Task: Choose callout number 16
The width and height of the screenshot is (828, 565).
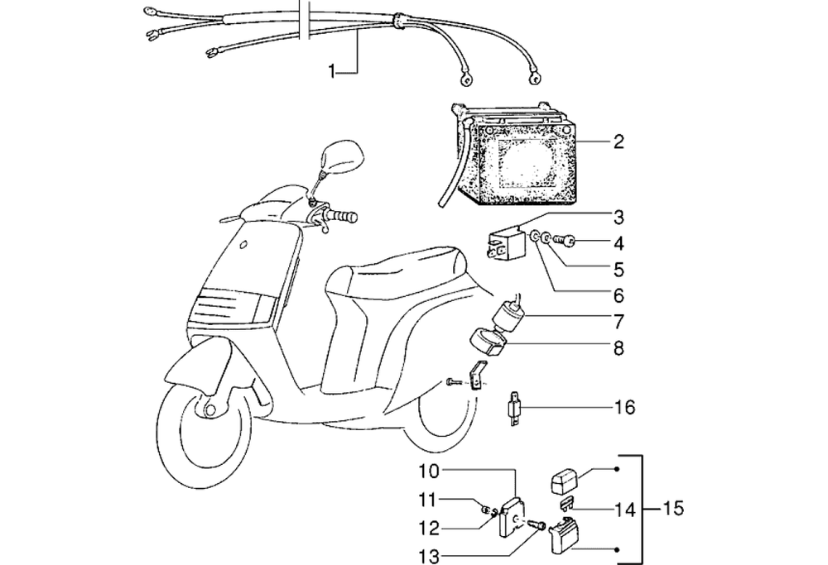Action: (x=625, y=407)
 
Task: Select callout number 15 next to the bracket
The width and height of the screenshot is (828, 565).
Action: (x=675, y=506)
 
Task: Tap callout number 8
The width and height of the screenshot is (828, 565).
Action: (x=619, y=348)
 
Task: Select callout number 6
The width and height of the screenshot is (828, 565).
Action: (x=618, y=294)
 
